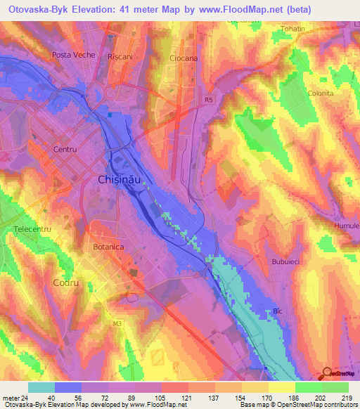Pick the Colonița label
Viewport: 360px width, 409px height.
[320, 93]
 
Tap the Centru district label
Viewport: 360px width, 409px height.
[64, 150]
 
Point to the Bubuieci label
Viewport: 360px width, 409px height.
[285, 261]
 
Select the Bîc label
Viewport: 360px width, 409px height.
[277, 310]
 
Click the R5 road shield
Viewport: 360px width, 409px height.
[208, 100]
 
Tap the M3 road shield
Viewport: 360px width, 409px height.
[117, 323]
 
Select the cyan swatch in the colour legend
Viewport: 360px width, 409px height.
[41, 387]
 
